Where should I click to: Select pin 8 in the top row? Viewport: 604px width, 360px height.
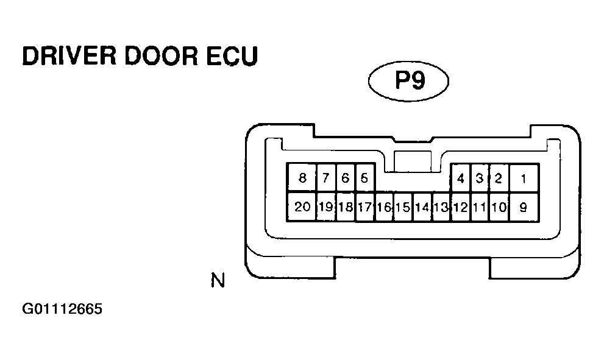pos(302,178)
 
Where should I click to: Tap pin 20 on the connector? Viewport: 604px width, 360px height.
pos(302,207)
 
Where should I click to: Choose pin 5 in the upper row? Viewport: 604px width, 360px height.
pos(364,178)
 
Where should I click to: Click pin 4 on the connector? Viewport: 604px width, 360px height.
pos(460,178)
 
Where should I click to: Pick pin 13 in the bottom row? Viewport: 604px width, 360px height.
pos(441,207)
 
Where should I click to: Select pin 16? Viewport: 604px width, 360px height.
pos(383,207)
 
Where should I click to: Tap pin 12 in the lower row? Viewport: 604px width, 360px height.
pos(460,207)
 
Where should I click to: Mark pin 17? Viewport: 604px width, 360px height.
pos(364,207)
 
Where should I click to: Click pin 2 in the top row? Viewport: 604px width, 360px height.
pos(499,178)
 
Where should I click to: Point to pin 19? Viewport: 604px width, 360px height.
pos(326,207)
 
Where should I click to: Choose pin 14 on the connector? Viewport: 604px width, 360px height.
pos(422,207)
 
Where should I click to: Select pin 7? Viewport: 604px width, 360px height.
pos(326,178)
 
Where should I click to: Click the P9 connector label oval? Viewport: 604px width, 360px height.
pos(408,82)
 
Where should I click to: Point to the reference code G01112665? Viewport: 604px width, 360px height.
pos(62,309)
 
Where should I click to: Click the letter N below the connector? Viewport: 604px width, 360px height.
pos(218,281)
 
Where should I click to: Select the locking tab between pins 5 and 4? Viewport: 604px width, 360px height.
pos(413,161)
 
